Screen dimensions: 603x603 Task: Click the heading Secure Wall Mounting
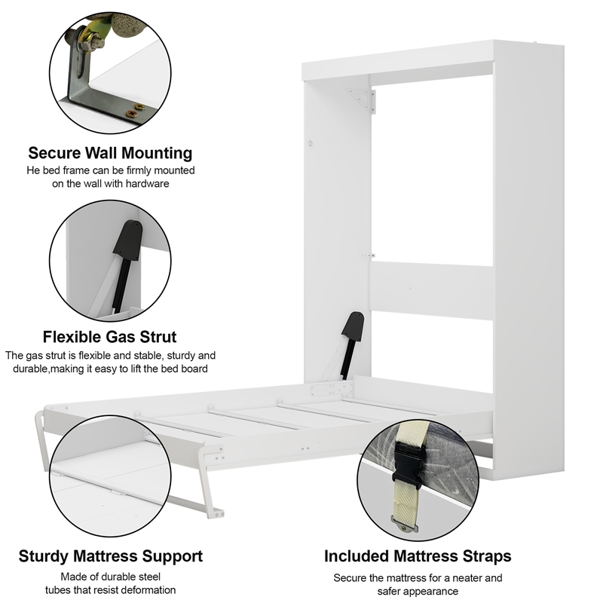pyautogui.click(x=110, y=153)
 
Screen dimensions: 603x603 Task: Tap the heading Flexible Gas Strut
pyautogui.click(x=110, y=336)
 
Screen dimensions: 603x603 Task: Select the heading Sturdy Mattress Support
pyautogui.click(x=110, y=557)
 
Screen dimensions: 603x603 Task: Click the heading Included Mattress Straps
pyautogui.click(x=418, y=557)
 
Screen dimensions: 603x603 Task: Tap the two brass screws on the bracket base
pyautogui.click(x=135, y=110)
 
